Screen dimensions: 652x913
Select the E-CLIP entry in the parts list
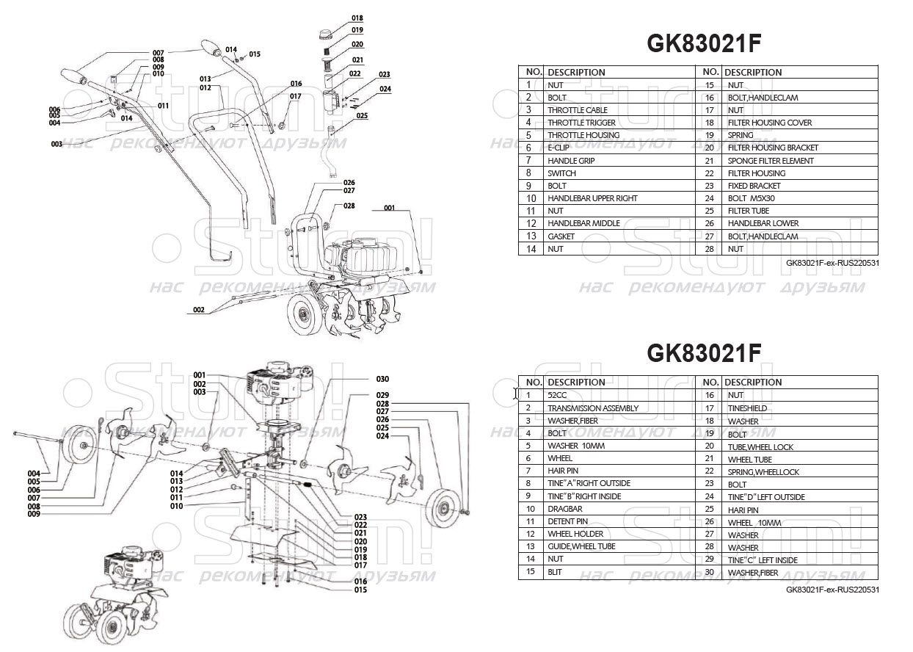click(561, 148)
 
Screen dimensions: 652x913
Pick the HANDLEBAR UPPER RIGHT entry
click(592, 198)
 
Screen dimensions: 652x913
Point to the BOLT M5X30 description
click(752, 198)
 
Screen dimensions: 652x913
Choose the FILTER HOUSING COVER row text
click(770, 123)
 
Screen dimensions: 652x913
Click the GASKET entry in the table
click(561, 236)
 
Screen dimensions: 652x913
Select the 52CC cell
click(557, 395)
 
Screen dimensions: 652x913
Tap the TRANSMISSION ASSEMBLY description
click(593, 408)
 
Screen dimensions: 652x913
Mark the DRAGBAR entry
click(565, 509)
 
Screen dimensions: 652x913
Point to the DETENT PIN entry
click(567, 521)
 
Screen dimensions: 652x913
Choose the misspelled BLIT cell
click(555, 572)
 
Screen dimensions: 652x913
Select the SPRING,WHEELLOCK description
click(763, 471)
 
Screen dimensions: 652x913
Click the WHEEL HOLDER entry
click(575, 534)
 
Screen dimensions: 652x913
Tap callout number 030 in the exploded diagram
click(382, 380)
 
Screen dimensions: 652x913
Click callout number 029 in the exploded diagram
click(382, 396)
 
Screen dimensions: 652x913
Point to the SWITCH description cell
click(561, 173)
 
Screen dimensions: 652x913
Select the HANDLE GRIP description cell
click(571, 161)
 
